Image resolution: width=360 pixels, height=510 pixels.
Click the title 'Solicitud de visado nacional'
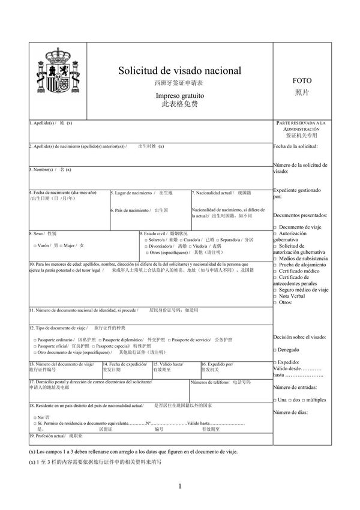coord(180,71)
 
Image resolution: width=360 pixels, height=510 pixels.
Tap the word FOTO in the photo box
coord(302,80)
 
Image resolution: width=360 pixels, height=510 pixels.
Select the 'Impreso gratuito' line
coord(180,95)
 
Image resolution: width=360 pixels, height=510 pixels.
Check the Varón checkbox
coord(34,245)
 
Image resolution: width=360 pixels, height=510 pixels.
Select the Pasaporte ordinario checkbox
coord(34,340)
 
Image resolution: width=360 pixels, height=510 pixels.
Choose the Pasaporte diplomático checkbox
coord(100,340)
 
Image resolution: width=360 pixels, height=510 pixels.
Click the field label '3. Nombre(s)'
coord(42,169)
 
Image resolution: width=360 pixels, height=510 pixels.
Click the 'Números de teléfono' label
coord(209,382)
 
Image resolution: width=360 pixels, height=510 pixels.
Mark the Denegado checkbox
coord(275,350)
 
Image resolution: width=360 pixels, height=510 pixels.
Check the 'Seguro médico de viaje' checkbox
coord(275,290)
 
